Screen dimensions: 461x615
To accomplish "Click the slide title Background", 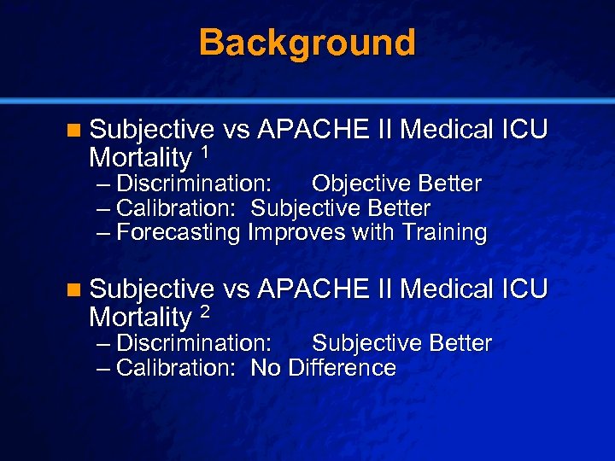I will pos(307,43).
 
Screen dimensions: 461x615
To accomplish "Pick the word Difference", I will pos(343,368).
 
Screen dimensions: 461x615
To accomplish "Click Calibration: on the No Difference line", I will pos(179,368).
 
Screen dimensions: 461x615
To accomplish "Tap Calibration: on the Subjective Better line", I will pos(179,208).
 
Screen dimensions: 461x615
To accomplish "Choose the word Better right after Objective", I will pos(451,184).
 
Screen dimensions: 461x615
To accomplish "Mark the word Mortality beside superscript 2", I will pos(140,318).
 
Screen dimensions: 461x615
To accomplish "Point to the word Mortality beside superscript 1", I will pos(140,158).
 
